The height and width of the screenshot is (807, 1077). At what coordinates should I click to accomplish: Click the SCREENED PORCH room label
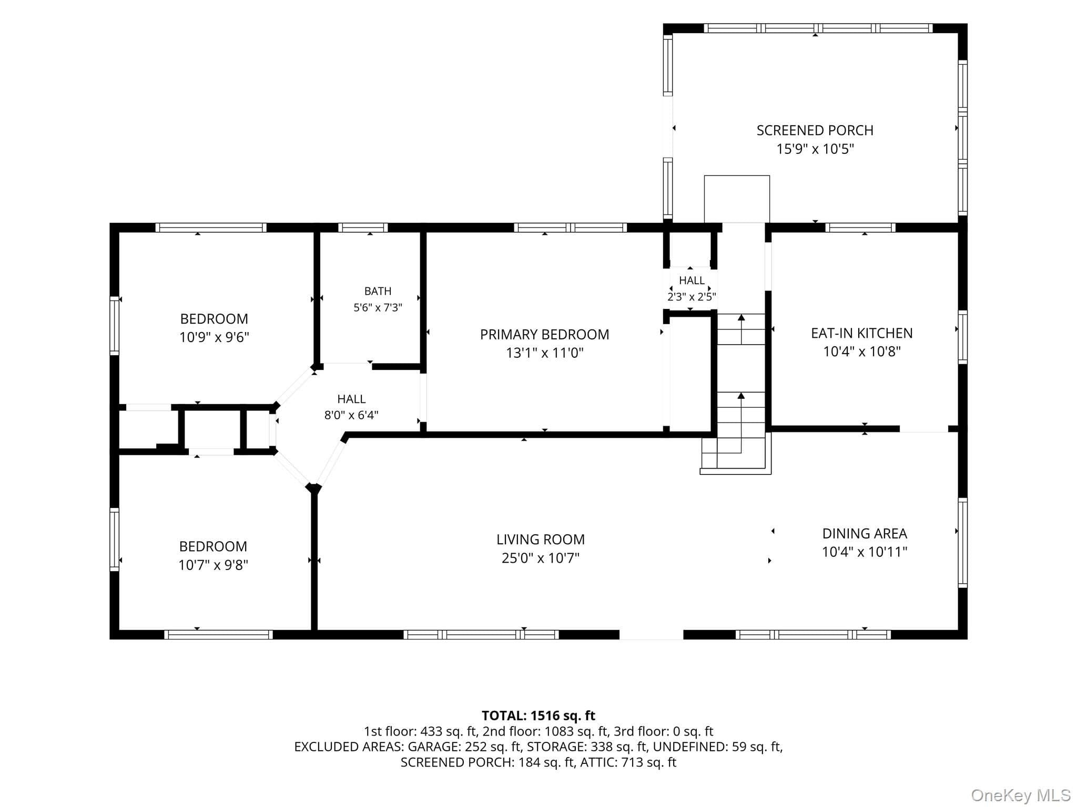coord(815,130)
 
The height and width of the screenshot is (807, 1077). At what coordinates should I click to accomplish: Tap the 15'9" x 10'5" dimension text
coord(815,149)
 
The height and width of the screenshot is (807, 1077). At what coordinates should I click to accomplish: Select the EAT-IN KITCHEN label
coord(861,333)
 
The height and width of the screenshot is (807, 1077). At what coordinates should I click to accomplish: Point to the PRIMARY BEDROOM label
coord(544,335)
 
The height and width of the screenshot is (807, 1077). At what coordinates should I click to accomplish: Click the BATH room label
coord(378,291)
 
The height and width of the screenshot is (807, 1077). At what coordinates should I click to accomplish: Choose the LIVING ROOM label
coord(541,540)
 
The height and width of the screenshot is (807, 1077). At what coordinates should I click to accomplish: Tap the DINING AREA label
coord(865,534)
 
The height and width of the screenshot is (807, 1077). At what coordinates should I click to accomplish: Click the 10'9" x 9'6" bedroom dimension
coord(214,337)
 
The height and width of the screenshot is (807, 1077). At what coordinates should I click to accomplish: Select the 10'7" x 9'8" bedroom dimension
coord(213,565)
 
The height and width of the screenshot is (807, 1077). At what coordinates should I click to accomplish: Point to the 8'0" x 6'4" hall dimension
coord(351,415)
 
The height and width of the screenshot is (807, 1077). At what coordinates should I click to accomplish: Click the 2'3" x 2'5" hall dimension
coord(692,297)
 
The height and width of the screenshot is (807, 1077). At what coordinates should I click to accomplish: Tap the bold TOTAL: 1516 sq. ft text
coord(538,716)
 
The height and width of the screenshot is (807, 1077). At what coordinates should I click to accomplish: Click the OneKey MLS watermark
coord(1021,795)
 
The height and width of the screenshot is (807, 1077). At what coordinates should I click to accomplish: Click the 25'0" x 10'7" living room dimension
coord(541,558)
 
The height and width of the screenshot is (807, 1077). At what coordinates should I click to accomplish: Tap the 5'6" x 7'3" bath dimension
coord(378,308)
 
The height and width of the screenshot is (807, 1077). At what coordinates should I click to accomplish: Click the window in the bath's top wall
coord(363,227)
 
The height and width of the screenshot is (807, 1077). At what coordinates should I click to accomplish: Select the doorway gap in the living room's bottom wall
coord(651,635)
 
